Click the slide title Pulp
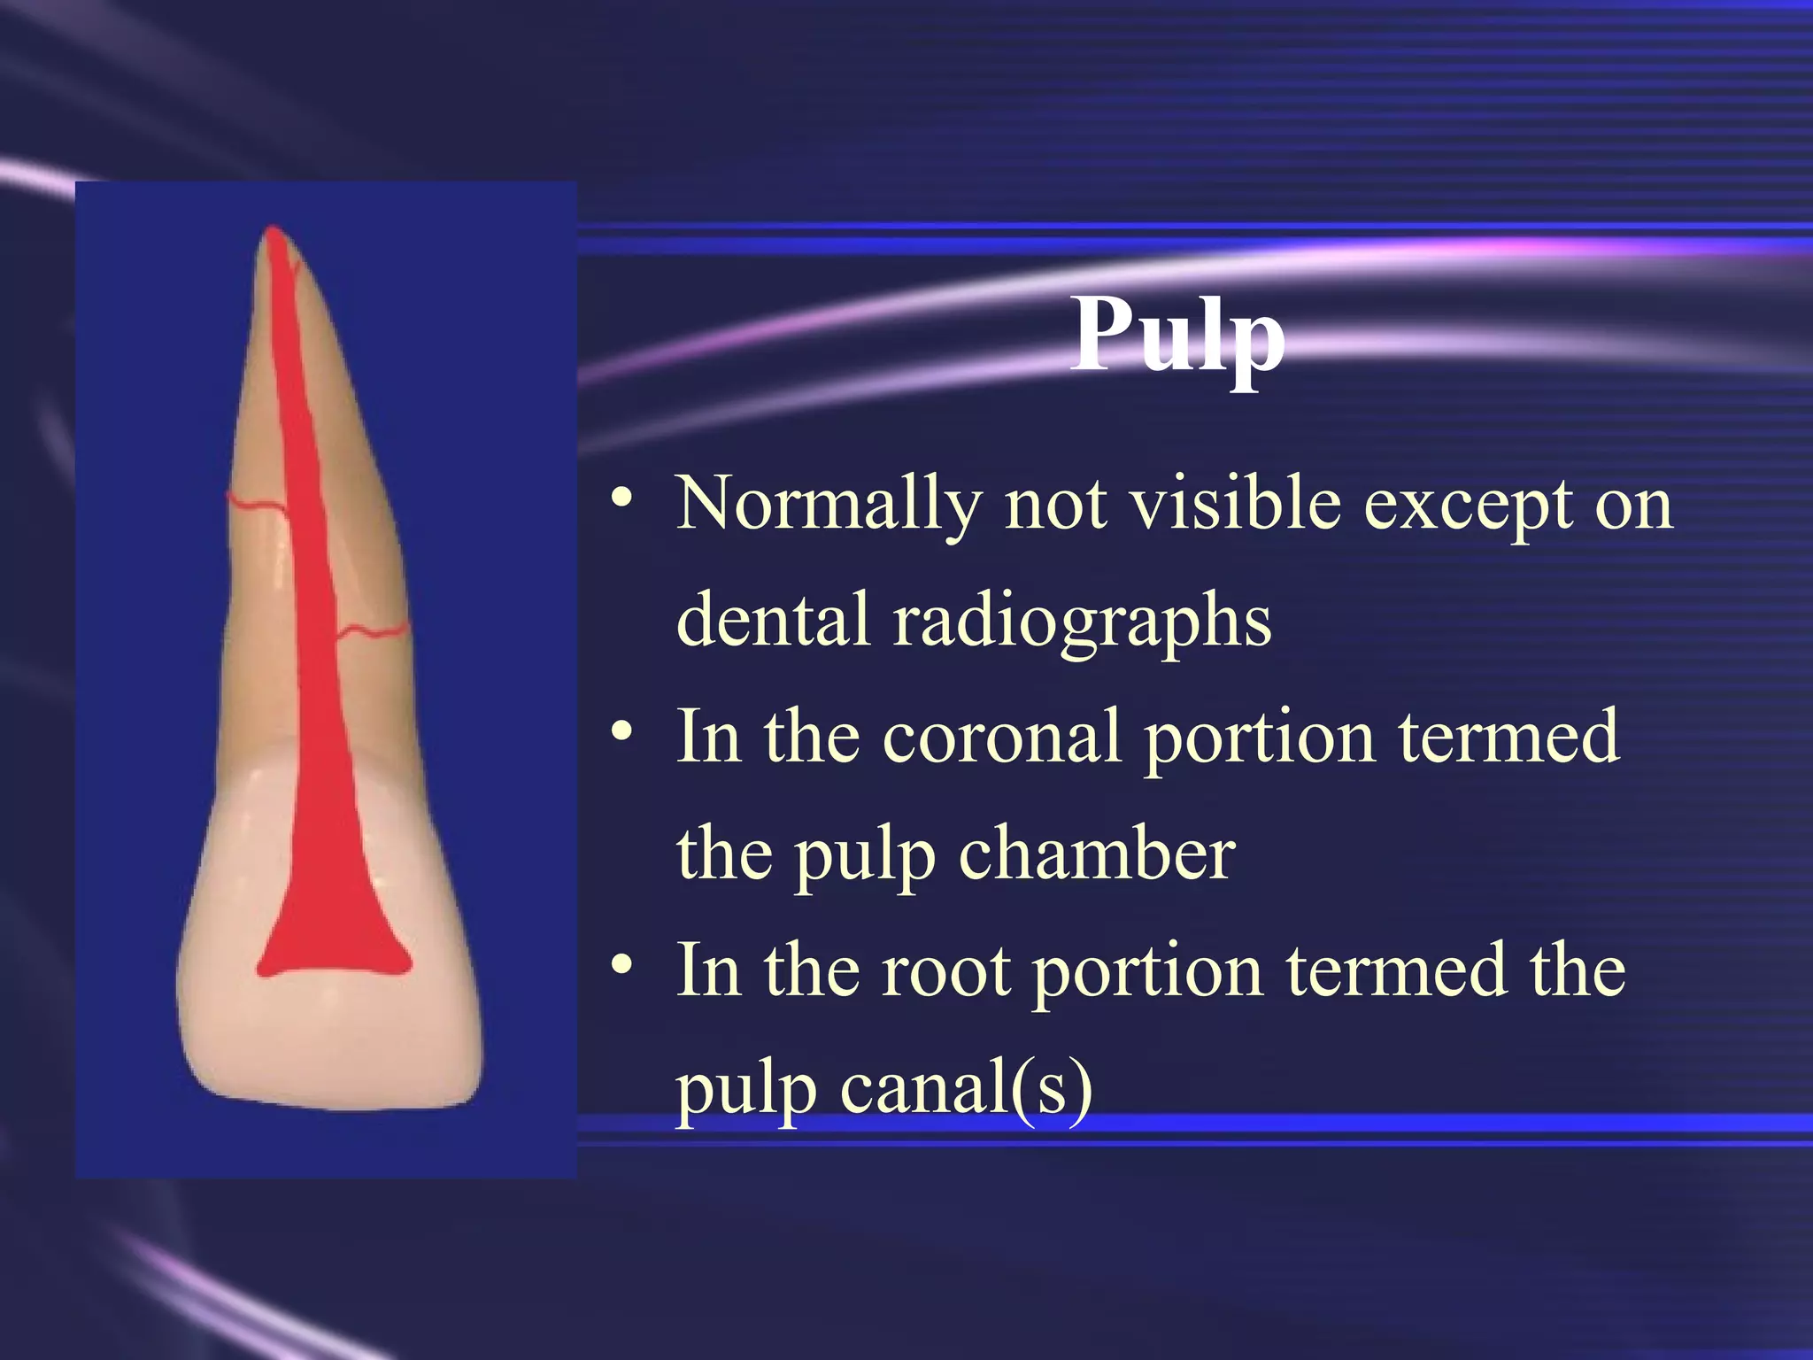click(1177, 336)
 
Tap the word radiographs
click(1082, 620)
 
